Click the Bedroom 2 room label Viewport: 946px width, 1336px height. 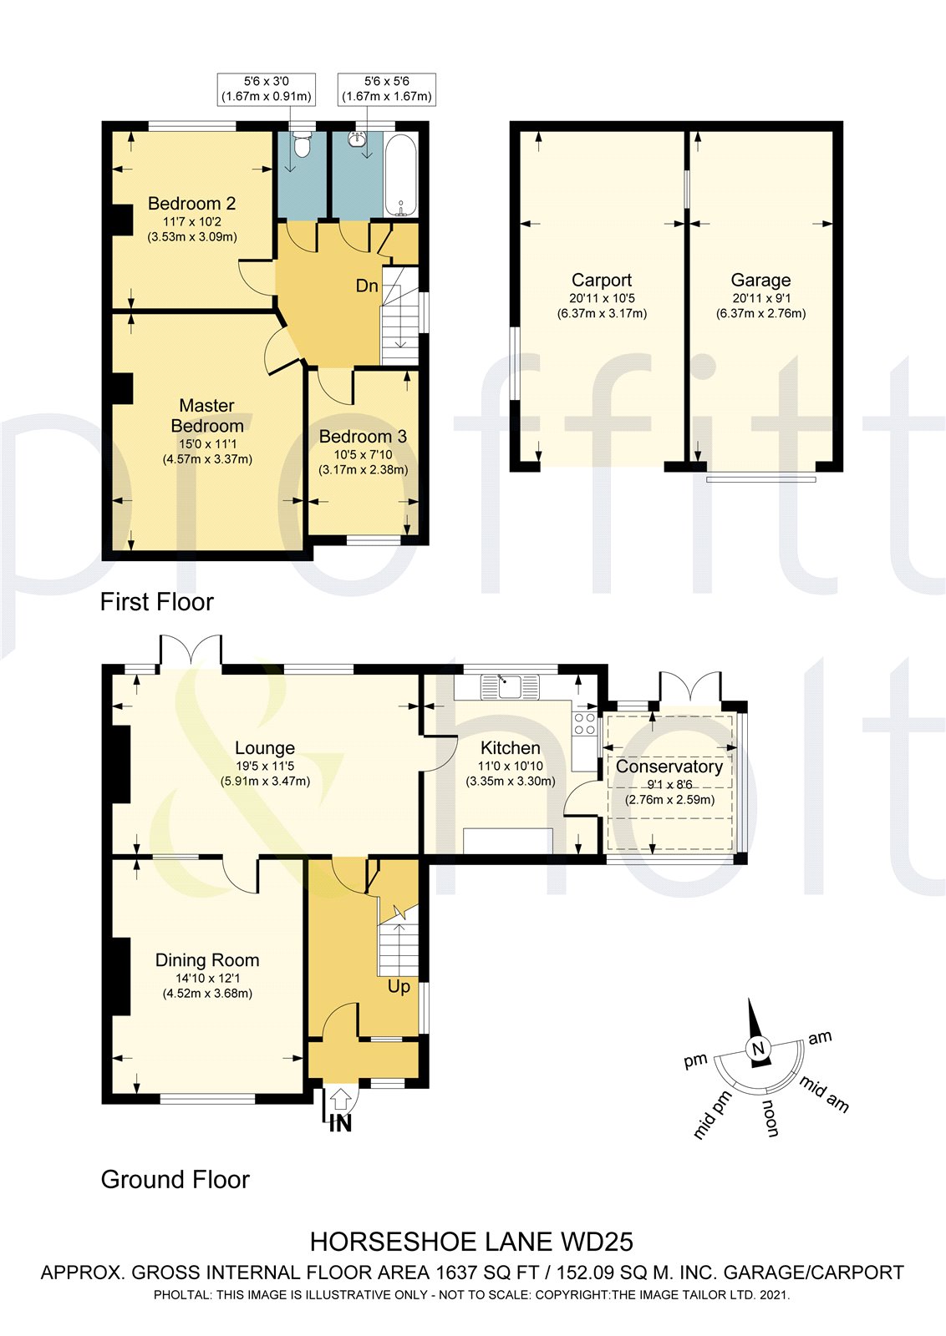191,203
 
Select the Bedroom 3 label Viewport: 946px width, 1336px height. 363,436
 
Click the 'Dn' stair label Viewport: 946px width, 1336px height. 367,286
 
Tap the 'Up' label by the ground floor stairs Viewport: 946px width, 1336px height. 399,986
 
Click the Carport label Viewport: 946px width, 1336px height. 601,280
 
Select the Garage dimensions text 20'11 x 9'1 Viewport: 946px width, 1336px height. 760,298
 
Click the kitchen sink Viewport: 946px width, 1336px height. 508,687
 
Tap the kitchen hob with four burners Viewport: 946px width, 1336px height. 584,723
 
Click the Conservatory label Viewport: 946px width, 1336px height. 669,766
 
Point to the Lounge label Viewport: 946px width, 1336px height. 264,748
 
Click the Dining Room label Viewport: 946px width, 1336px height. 207,960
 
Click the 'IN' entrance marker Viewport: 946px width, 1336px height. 340,1123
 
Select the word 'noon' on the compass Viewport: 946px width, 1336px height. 770,1118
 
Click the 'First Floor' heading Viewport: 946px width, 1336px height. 156,601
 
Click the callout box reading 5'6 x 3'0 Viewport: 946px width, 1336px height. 267,89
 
